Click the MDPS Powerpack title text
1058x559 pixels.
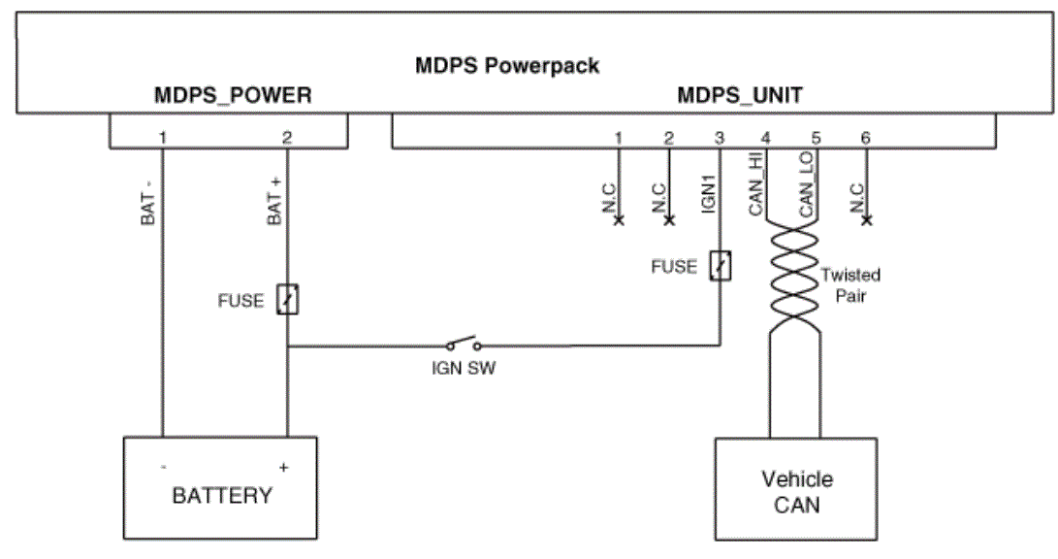coord(507,65)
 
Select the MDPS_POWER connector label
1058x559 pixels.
coord(233,95)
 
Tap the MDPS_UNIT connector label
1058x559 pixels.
coord(740,95)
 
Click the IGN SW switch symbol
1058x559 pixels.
coord(464,344)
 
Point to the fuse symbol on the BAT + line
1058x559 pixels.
coord(287,299)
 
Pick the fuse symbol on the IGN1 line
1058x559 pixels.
coord(720,265)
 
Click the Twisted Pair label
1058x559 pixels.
coord(850,285)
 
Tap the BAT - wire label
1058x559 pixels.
coord(147,201)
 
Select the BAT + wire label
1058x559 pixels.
coord(274,200)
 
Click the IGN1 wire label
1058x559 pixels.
coord(708,194)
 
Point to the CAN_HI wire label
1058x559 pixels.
coord(755,183)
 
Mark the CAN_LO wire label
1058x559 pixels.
coord(806,183)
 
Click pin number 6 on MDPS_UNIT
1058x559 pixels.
coord(866,138)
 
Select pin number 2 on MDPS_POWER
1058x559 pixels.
coord(287,138)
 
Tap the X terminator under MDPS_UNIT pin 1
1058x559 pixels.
coord(618,220)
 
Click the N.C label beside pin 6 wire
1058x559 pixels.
coord(857,198)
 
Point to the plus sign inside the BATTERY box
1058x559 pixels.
coord(283,467)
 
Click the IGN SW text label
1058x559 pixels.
coord(464,368)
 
